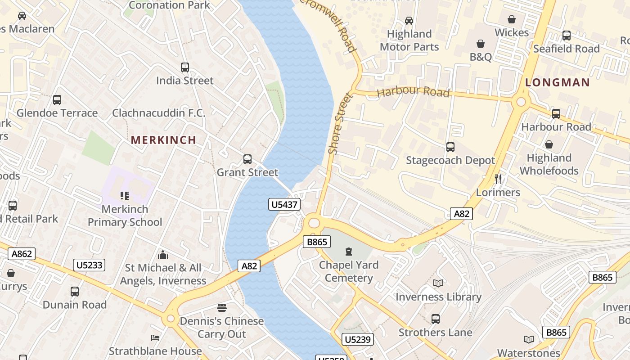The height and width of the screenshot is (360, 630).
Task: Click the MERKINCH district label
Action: tap(163, 140)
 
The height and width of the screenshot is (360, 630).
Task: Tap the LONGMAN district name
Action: tap(557, 82)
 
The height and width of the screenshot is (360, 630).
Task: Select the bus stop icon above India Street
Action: tap(185, 67)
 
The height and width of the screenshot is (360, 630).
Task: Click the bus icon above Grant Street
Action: tap(247, 159)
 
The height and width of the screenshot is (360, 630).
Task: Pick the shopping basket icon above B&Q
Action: tap(481, 44)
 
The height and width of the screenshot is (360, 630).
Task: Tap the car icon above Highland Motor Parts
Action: tap(409, 21)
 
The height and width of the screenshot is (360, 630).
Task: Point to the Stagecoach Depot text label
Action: tap(450, 160)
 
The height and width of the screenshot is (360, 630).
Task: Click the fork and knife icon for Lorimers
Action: tap(498, 179)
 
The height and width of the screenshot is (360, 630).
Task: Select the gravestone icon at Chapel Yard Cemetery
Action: tap(349, 252)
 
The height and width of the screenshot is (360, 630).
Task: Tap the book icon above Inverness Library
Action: tap(438, 283)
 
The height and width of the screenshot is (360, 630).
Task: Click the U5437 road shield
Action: tap(285, 205)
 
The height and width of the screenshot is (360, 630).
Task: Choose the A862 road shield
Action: tap(22, 254)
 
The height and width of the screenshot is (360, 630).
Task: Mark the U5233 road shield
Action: tap(89, 265)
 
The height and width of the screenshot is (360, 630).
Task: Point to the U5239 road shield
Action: tap(358, 339)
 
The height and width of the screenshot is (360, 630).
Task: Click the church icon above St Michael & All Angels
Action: tap(163, 255)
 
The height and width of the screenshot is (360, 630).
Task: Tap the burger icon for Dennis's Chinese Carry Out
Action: tap(221, 308)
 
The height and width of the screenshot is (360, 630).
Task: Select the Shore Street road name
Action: tap(340, 124)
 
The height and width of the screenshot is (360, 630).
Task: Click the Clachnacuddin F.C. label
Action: tap(158, 112)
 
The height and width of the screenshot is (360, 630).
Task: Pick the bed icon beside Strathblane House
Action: tap(155, 338)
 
